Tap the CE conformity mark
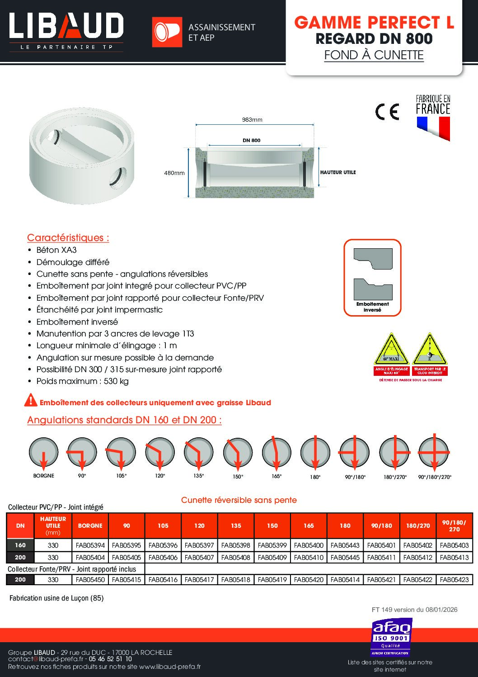387,111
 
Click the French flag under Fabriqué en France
433,128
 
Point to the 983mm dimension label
252,120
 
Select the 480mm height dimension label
174,173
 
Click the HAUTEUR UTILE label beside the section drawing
338,172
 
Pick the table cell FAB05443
345,545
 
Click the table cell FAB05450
90,579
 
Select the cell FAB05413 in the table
454,558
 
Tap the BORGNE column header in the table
90,526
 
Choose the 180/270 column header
418,526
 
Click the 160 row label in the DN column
20,545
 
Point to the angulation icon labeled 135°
199,452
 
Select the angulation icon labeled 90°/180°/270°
434,452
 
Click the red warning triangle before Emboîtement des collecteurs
31,400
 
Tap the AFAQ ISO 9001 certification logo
391,638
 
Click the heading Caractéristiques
68,238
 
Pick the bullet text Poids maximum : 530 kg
83,381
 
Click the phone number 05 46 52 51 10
110,659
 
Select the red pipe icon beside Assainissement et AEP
167,32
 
